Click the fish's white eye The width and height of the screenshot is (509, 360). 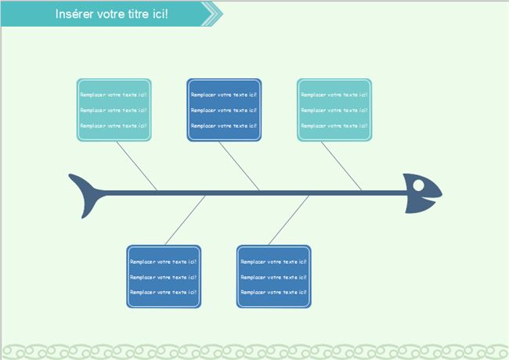point(418,185)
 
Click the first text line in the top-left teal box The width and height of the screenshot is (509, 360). point(114,95)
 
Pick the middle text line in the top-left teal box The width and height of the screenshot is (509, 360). point(114,110)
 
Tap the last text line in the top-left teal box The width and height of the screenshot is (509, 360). point(114,125)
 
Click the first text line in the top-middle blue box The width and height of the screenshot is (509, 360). point(224,95)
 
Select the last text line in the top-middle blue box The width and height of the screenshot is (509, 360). point(224,125)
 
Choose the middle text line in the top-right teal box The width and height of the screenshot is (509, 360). point(334,110)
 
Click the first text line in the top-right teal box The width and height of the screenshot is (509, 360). point(334,95)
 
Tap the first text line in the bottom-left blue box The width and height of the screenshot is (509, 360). point(164,262)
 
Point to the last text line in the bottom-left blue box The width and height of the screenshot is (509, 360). point(164,292)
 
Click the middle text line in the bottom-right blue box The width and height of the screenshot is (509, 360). point(274,277)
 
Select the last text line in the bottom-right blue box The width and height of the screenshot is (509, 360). point(274,292)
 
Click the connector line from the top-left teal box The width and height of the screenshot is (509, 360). point(136,165)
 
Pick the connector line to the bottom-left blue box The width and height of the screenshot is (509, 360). point(185,220)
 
